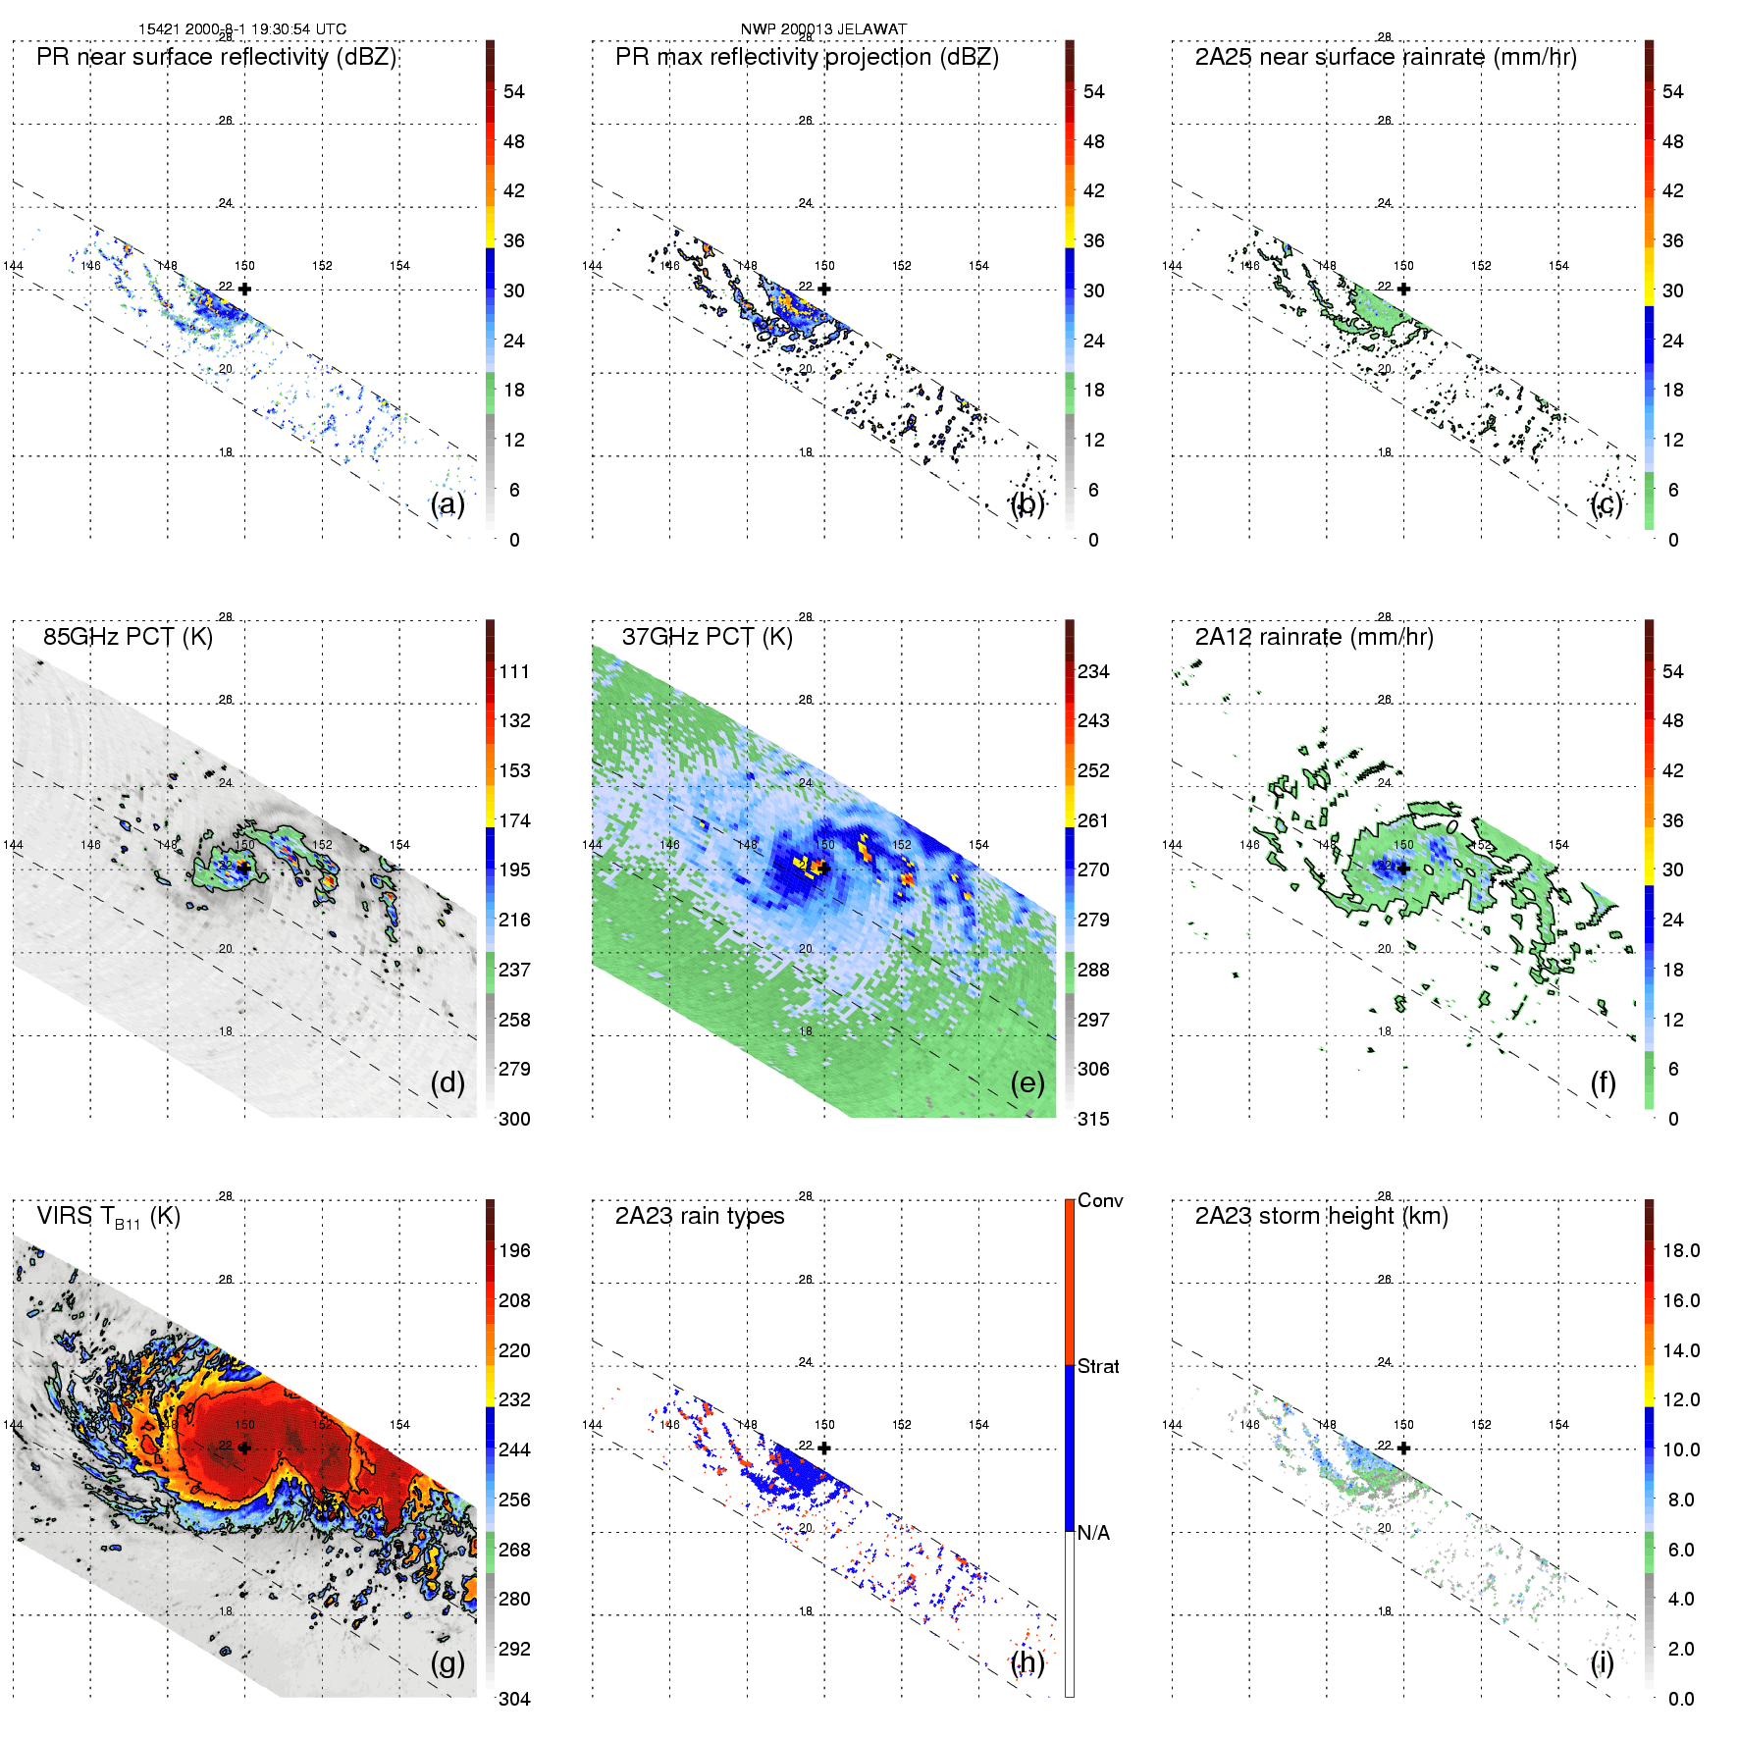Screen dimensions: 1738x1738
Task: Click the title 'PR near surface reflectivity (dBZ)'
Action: click(x=216, y=57)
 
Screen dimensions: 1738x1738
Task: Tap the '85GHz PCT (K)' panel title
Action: click(x=128, y=637)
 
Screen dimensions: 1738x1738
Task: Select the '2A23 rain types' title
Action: click(x=700, y=1216)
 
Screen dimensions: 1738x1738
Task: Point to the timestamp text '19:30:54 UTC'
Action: click(x=298, y=29)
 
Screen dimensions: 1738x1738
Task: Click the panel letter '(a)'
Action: click(x=448, y=504)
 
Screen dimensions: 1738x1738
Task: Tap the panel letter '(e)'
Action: click(x=1027, y=1083)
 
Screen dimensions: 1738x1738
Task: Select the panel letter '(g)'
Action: click(x=448, y=1662)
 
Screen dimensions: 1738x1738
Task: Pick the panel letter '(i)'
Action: click(x=1603, y=1662)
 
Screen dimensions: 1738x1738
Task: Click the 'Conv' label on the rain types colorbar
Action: click(x=1100, y=1201)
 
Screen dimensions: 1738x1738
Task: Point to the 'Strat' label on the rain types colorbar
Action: click(x=1098, y=1367)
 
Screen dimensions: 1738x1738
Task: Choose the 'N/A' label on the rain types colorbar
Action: click(x=1093, y=1533)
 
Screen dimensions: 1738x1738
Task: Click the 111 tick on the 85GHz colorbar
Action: click(x=514, y=672)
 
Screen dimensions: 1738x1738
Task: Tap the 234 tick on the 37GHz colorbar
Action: click(x=1093, y=672)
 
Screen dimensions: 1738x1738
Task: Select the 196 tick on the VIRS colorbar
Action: click(x=514, y=1251)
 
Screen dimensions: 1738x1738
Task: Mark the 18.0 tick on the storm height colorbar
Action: click(x=1681, y=1251)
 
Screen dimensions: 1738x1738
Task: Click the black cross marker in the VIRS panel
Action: click(x=244, y=1448)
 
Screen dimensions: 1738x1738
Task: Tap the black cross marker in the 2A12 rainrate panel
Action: click(x=1403, y=869)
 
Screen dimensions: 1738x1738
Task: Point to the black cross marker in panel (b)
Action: click(x=824, y=289)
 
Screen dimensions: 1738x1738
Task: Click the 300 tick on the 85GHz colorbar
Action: click(x=514, y=1119)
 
